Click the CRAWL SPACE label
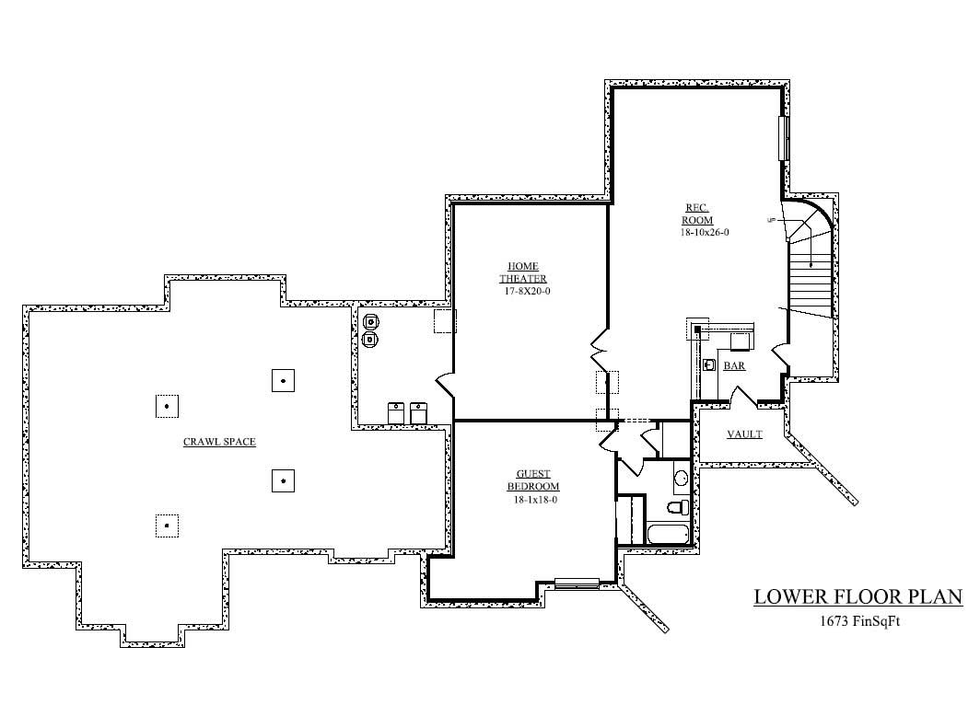[219, 442]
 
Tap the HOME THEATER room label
[523, 272]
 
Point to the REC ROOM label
[697, 214]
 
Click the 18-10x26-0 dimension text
[705, 232]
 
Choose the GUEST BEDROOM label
[533, 480]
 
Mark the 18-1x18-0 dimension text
[535, 500]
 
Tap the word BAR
[734, 365]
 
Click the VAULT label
[744, 434]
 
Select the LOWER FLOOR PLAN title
[858, 596]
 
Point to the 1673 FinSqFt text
[859, 621]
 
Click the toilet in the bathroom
[678, 506]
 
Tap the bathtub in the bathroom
[668, 534]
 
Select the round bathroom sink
[681, 479]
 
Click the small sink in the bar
[709, 364]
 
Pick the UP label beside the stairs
[771, 220]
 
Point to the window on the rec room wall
[784, 138]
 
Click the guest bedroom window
[577, 584]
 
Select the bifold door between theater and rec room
[599, 351]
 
